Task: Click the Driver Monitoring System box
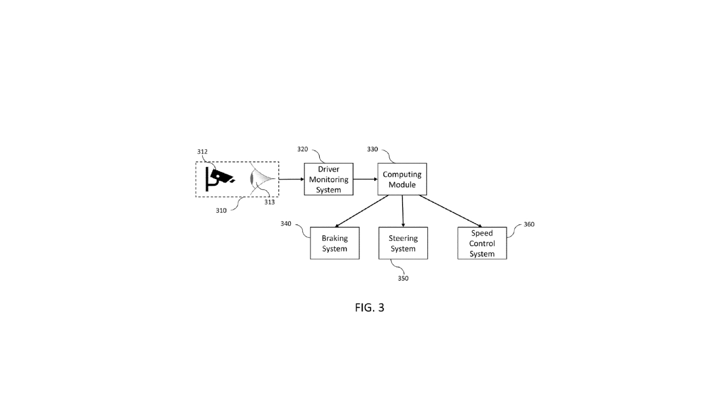[x=329, y=179]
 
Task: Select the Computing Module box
[x=402, y=179]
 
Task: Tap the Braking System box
[x=334, y=243]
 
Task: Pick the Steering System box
[x=403, y=243]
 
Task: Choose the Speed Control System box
[x=482, y=243]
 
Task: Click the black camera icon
[x=221, y=178]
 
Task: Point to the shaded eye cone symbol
[x=262, y=179]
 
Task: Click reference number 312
[x=202, y=152]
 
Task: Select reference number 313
[x=269, y=202]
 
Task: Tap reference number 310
[x=221, y=211]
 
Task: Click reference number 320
[x=302, y=149]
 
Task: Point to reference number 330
[x=372, y=149]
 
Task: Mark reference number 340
[x=286, y=224]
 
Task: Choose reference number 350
[x=403, y=278]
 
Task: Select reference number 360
[x=529, y=224]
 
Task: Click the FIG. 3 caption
[x=370, y=307]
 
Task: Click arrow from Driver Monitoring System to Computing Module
[x=365, y=179]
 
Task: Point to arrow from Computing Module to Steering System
[x=403, y=211]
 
